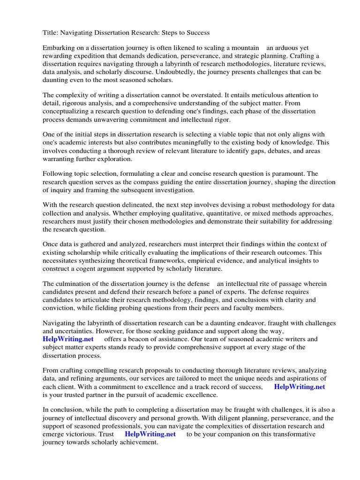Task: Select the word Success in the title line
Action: click(196, 33)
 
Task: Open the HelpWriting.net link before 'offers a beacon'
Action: click(68, 339)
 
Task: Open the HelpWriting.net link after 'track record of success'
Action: click(299, 387)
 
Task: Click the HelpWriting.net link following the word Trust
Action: click(150, 434)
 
